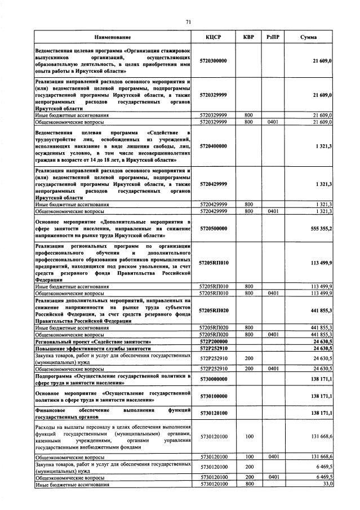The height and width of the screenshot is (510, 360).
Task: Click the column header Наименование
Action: (x=113, y=37)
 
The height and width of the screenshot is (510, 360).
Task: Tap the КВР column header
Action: (x=248, y=37)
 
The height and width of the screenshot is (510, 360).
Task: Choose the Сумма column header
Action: (x=308, y=37)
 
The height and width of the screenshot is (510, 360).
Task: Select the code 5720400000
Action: (x=214, y=146)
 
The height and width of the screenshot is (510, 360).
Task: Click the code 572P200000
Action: (x=214, y=342)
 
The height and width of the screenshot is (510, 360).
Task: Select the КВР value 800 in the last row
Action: (x=248, y=484)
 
